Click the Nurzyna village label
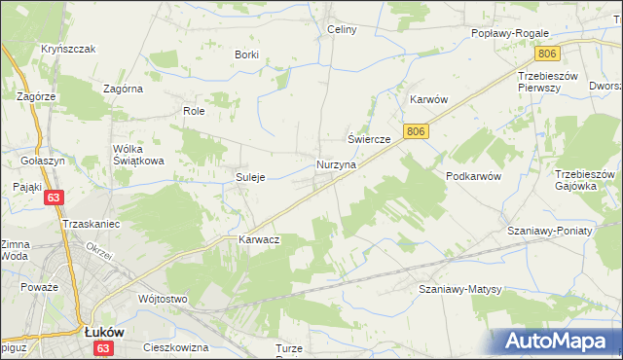click(336, 165)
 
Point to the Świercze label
click(370, 140)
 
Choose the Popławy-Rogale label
click(511, 32)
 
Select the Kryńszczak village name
click(67, 49)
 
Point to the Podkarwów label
click(473, 176)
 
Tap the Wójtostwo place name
click(163, 299)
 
